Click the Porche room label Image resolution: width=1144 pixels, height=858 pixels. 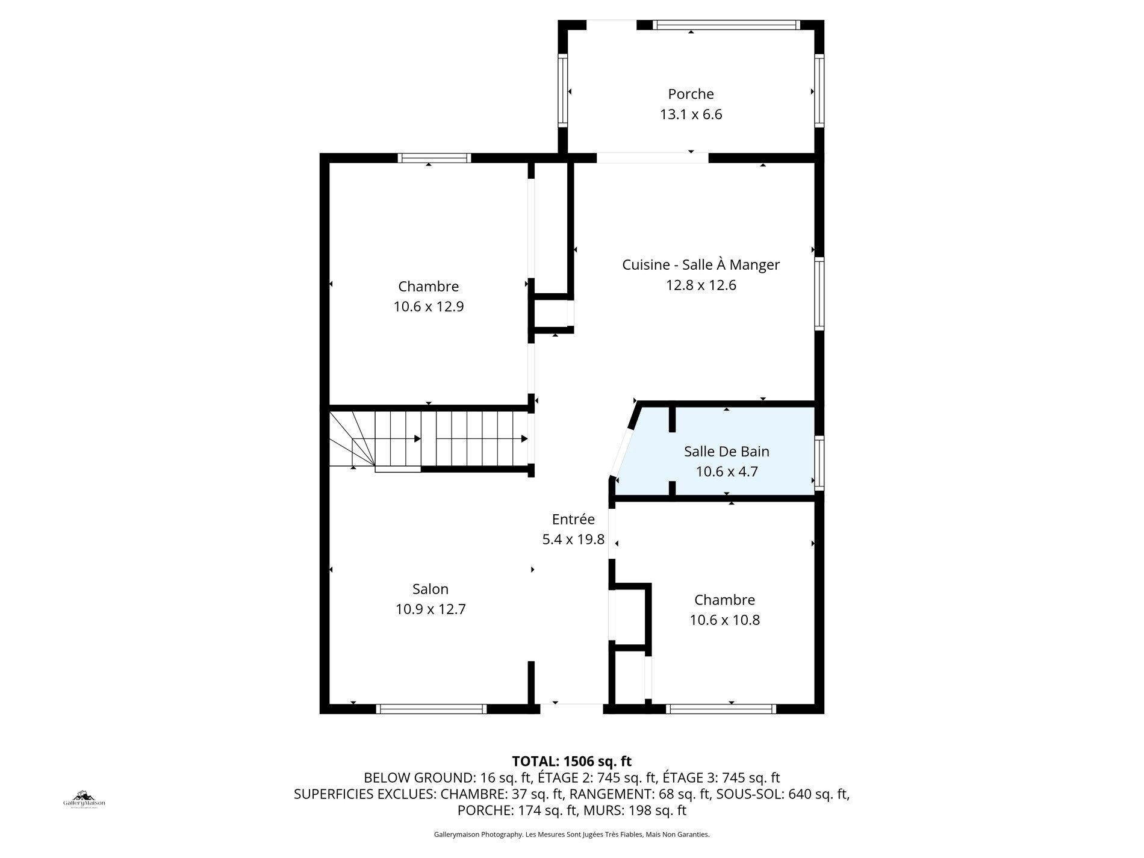(691, 94)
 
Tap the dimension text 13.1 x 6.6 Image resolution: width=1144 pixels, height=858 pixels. (691, 114)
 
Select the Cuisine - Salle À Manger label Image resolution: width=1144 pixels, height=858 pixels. (701, 265)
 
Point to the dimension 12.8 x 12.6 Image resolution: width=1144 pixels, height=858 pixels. (701, 285)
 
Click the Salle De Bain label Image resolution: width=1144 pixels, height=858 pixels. (726, 452)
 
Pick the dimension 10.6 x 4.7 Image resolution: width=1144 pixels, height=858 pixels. (726, 471)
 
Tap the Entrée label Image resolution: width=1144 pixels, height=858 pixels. (573, 519)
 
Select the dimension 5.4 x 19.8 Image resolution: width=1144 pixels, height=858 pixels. (573, 539)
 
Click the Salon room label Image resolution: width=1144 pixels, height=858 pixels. (431, 589)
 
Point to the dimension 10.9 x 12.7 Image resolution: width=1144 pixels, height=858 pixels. (431, 609)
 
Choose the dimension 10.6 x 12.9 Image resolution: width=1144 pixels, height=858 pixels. (429, 306)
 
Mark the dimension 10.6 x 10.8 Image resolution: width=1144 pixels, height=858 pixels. (725, 620)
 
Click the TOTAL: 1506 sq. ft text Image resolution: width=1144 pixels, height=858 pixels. (571, 761)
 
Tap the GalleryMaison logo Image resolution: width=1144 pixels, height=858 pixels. (84, 799)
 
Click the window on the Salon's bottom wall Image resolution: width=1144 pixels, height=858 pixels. (431, 709)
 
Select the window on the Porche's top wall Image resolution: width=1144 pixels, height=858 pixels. (727, 25)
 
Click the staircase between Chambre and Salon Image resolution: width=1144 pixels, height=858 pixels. (429, 439)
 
